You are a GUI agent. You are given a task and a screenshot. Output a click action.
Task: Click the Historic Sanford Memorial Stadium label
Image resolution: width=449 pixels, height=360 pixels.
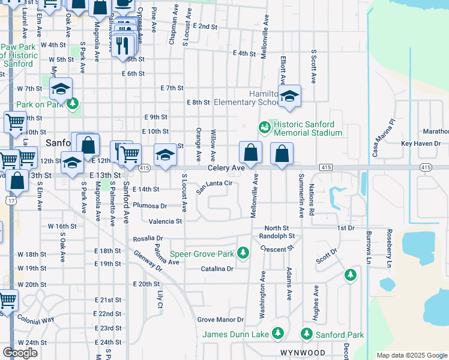pos(307,128)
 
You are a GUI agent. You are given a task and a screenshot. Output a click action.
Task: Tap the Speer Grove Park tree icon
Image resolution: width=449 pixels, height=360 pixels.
pos(243,253)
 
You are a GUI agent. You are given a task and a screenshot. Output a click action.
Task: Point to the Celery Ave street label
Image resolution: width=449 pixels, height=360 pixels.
pos(226,169)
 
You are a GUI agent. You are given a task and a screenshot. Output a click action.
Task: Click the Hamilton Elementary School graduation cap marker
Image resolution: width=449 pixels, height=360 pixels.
pos(289,96)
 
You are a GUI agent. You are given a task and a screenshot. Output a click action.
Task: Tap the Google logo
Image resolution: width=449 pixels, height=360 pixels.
pos(20,353)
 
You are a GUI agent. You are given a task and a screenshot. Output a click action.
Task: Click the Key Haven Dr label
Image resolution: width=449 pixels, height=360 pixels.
pos(421,144)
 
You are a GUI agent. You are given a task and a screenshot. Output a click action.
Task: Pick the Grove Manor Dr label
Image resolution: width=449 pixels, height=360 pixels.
pos(221,320)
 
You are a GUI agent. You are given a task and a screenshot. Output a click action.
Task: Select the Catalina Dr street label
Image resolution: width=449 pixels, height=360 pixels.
pos(217,269)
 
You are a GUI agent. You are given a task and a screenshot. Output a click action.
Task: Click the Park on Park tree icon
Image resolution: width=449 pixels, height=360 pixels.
pos(73,104)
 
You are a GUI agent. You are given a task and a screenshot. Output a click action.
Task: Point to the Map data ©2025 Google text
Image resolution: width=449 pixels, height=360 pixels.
pos(412,355)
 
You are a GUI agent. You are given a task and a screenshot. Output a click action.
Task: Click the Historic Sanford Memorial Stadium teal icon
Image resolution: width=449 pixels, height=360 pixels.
pos(264,127)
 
